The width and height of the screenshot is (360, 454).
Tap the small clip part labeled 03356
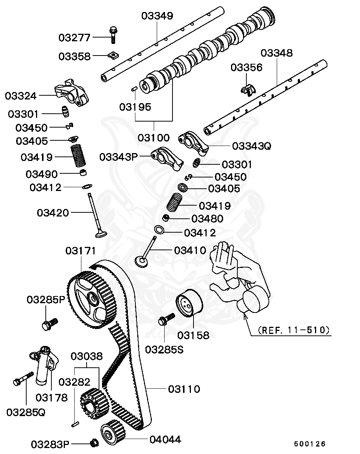(x=247, y=90)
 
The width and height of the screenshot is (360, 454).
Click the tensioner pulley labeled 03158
(x=189, y=304)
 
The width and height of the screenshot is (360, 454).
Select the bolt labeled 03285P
(x=49, y=323)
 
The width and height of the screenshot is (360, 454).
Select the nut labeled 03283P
(x=94, y=443)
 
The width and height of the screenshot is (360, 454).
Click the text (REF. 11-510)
(x=294, y=330)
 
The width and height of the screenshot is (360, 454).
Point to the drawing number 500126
(x=309, y=444)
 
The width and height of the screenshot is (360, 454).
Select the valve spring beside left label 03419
(x=79, y=156)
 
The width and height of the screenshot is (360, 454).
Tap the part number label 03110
(x=184, y=389)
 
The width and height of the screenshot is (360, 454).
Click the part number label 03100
(x=153, y=137)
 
